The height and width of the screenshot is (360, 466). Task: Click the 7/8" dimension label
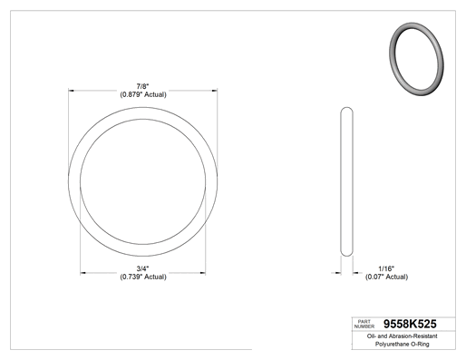pyautogui.click(x=142, y=87)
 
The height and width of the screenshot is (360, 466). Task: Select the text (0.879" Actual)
pyautogui.click(x=143, y=94)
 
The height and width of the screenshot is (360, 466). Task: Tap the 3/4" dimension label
pyautogui.click(x=142, y=268)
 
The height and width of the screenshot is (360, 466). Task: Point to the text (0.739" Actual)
pyautogui.click(x=143, y=277)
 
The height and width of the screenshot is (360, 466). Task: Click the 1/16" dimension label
pyautogui.click(x=386, y=268)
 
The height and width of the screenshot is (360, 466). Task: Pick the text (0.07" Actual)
pyautogui.click(x=386, y=277)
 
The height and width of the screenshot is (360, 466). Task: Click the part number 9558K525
pyautogui.click(x=410, y=324)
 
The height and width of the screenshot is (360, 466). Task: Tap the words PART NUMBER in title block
pyautogui.click(x=364, y=324)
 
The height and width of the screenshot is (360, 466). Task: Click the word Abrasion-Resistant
pyautogui.click(x=413, y=336)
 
